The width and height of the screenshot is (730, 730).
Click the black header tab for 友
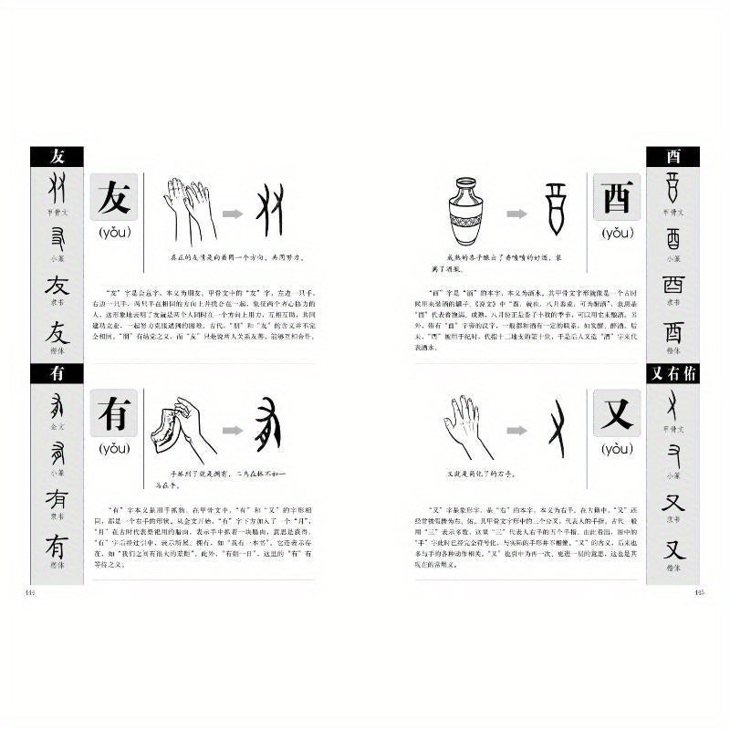(x=57, y=156)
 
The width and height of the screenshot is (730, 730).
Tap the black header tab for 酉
(x=672, y=156)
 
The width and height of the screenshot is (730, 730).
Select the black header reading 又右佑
(x=672, y=373)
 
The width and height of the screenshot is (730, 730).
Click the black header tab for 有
(x=57, y=373)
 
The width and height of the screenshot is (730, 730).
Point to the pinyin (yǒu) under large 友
(x=115, y=233)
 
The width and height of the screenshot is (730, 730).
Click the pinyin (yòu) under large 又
(x=617, y=448)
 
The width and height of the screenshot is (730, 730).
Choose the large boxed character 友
(x=115, y=197)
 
